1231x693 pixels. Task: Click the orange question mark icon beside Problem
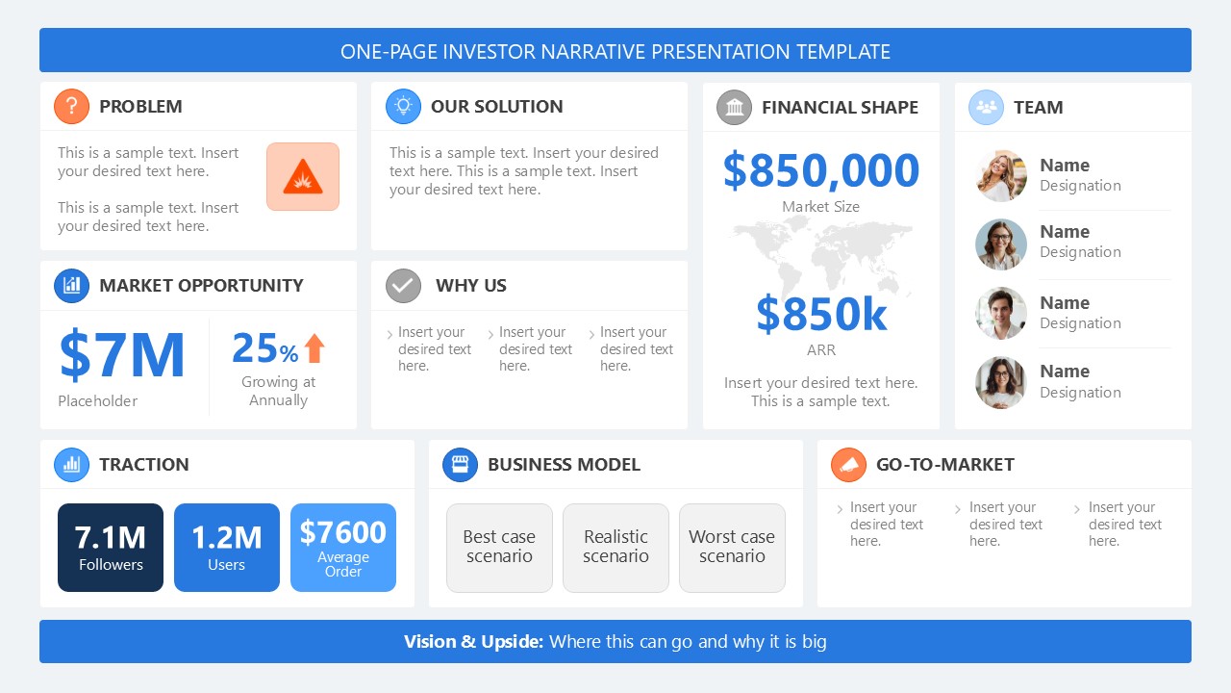coord(71,106)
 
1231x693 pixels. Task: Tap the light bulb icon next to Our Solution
coord(403,106)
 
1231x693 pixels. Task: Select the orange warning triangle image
coord(303,177)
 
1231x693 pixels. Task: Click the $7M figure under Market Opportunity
coord(122,355)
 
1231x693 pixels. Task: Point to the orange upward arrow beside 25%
coord(314,348)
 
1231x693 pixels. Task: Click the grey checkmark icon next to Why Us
coord(403,286)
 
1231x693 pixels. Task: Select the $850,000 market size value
coord(821,170)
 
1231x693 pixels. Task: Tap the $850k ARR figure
coord(821,314)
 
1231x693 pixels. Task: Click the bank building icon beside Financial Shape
coord(734,107)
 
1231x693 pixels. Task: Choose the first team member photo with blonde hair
coord(1000,176)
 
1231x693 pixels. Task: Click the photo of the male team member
coord(1000,314)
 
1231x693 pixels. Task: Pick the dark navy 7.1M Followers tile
coord(111,547)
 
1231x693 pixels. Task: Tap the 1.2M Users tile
coord(227,547)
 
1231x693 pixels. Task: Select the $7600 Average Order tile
coord(343,547)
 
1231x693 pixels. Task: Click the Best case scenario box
coord(499,547)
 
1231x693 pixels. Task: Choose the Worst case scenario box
coord(732,547)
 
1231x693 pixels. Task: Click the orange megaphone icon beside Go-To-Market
coord(848,465)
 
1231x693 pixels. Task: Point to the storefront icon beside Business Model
coord(460,465)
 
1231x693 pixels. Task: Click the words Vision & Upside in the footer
coord(473,642)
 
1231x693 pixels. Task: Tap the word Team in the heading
coord(1039,108)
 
